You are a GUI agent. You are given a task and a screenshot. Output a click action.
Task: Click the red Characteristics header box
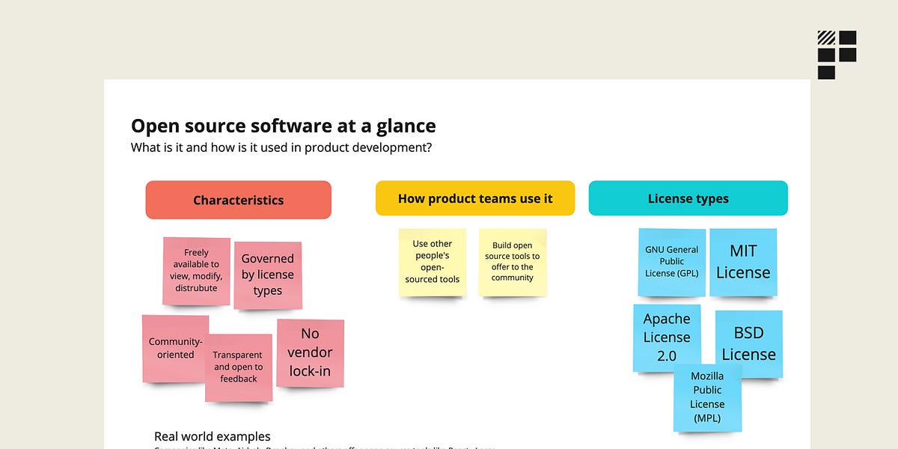238,200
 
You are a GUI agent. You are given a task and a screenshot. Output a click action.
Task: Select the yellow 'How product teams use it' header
475,198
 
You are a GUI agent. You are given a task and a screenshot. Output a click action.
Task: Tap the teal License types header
688,198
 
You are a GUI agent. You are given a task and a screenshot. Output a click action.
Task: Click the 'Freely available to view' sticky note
196,270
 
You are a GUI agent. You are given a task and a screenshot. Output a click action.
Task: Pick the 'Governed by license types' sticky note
267,275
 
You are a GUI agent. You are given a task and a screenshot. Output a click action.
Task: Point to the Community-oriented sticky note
174,348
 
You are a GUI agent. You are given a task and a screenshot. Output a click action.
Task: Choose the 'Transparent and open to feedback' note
239,367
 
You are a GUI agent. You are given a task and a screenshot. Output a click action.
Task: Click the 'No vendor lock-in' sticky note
310,352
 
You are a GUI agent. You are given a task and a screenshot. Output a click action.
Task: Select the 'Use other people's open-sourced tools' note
432,262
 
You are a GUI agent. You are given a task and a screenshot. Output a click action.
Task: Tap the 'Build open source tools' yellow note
513,262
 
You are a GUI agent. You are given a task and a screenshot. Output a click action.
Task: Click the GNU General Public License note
671,262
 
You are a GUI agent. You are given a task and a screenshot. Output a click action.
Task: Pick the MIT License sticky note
743,262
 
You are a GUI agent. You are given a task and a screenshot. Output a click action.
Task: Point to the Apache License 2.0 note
666,337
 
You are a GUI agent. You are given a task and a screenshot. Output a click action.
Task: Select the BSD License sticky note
748,343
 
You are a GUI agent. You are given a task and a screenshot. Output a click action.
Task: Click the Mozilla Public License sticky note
707,397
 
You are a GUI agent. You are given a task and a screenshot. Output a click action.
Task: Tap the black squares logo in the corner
837,55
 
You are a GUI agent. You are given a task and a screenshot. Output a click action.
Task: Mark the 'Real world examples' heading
213,436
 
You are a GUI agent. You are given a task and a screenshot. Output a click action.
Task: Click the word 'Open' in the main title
153,126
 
